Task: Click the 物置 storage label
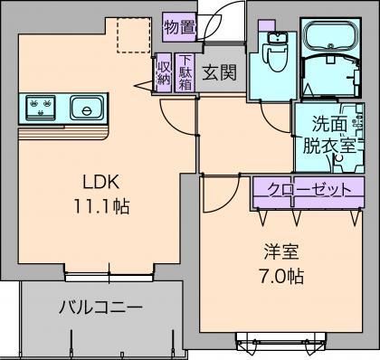pyautogui.click(x=179, y=27)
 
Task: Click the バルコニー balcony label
pyautogui.click(x=100, y=308)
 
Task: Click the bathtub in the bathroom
pyautogui.click(x=329, y=36)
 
